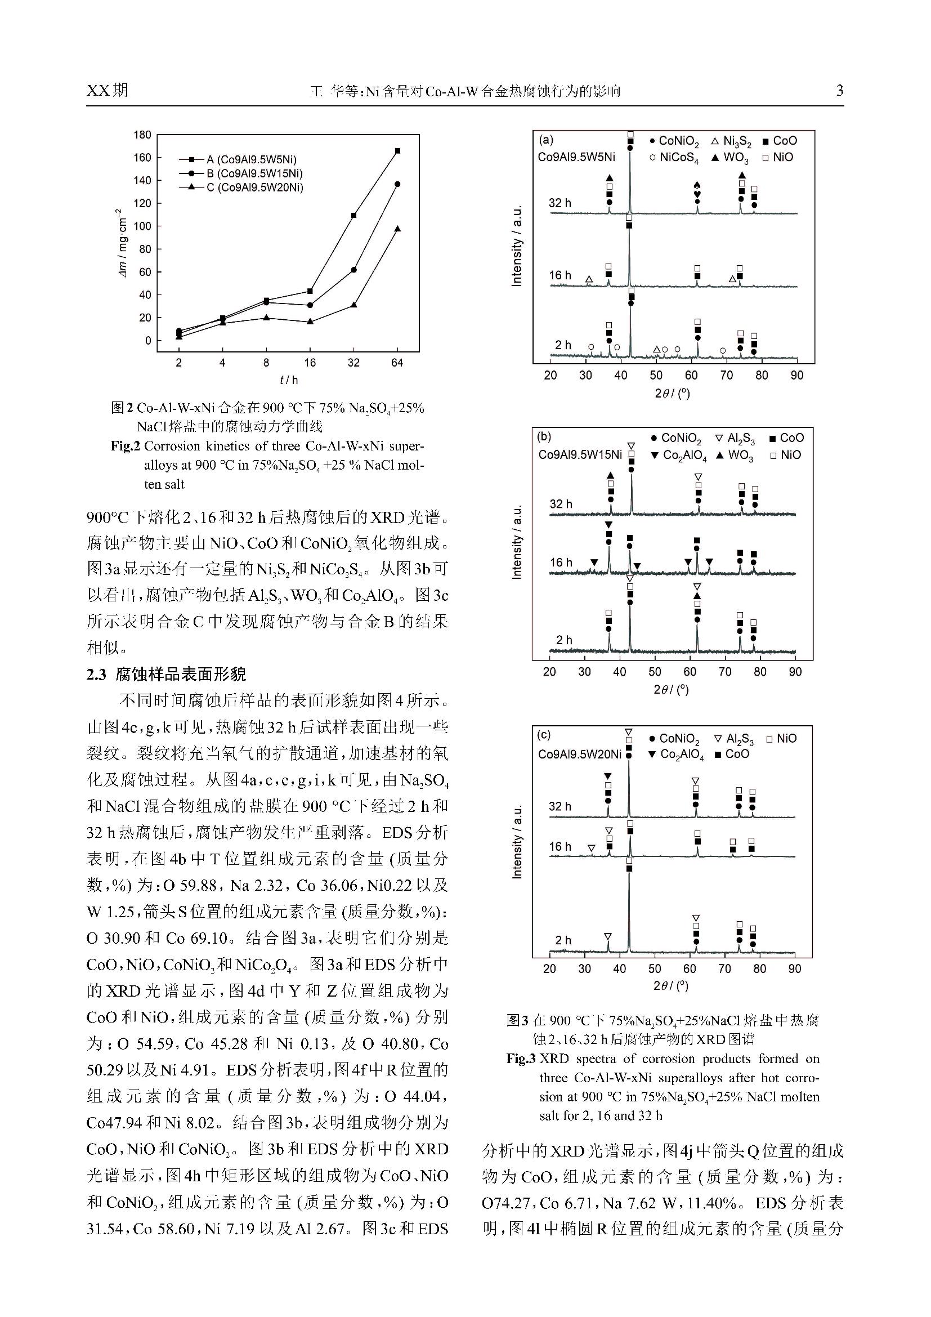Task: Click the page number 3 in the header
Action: tap(839, 90)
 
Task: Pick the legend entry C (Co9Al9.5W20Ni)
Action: tap(254, 187)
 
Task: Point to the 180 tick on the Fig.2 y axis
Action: tap(142, 135)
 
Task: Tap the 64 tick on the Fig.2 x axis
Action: tap(397, 363)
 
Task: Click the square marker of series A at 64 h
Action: tap(397, 151)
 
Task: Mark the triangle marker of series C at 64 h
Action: tap(397, 229)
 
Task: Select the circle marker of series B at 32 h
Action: tap(353, 270)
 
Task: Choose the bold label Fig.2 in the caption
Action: tap(126, 447)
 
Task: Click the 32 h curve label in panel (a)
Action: tap(560, 203)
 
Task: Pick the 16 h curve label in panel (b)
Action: tap(561, 562)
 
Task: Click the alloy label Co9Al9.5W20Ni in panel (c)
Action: tap(580, 754)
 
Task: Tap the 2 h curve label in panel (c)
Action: tap(563, 940)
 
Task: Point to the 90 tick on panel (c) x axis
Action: tap(795, 969)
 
